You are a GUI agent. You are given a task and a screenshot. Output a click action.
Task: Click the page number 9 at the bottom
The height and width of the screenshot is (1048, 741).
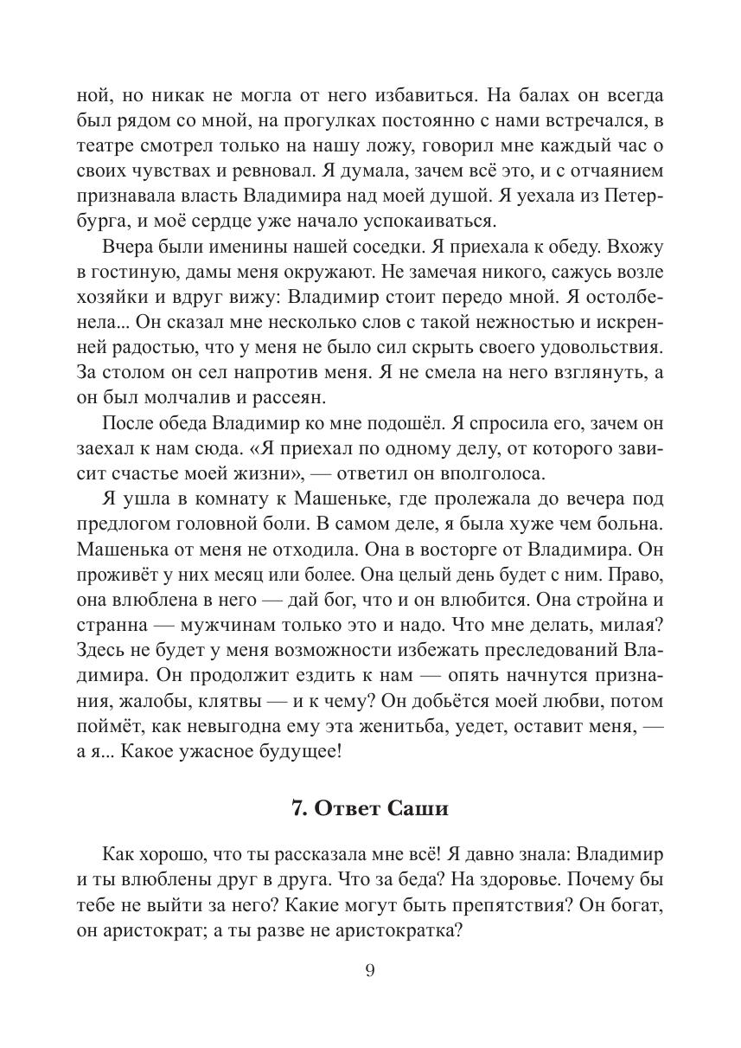[x=370, y=970]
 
